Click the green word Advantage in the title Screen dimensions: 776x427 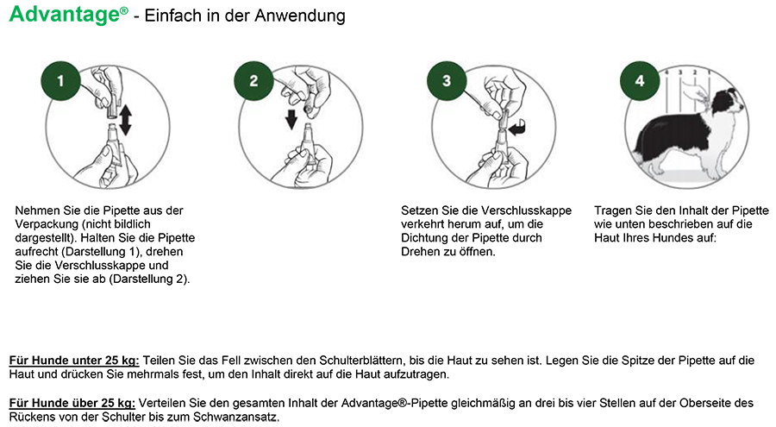[x=65, y=14]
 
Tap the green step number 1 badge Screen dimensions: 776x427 [x=60, y=81]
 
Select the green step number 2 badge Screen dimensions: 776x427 [x=253, y=81]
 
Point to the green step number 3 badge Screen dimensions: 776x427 [x=447, y=81]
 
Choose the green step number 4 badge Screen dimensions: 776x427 [x=640, y=81]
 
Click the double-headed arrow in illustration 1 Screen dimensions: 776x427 [x=125, y=120]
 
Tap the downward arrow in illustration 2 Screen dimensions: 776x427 [x=291, y=119]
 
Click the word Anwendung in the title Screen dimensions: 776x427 [x=300, y=16]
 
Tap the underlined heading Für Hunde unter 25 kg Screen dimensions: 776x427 [x=74, y=361]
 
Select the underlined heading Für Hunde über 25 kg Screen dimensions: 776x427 [x=72, y=403]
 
